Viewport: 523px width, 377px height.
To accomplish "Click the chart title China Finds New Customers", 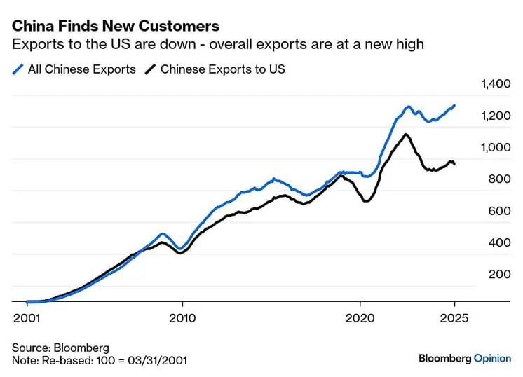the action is coord(116,26).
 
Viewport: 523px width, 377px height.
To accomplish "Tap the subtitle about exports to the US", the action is coord(218,44).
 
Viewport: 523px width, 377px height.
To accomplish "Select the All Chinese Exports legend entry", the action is coord(74,69).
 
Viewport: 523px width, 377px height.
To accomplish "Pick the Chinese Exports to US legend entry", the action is coord(215,69).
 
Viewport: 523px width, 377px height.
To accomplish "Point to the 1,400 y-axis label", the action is coord(496,83).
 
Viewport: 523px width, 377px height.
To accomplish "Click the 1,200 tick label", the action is coord(496,116).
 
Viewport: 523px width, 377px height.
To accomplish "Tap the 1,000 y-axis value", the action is coord(496,147).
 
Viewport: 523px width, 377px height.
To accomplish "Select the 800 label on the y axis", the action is coord(499,179).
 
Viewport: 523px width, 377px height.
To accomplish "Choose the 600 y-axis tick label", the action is coord(499,211).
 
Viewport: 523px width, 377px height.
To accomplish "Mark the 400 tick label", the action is coord(499,242).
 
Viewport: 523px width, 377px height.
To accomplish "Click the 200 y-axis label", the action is coord(499,274).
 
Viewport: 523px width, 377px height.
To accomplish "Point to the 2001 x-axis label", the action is coord(27,318).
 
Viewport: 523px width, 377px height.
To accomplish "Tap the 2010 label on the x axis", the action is coord(182,318).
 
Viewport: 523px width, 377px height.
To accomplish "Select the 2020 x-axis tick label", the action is coord(360,318).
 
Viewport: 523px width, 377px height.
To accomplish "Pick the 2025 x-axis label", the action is coord(454,318).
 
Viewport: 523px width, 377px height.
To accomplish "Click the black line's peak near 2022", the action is coord(406,135).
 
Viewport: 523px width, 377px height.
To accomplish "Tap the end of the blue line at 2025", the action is coord(454,105).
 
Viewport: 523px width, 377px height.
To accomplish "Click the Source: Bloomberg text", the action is coord(60,348).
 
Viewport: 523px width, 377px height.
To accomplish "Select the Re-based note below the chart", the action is coord(100,360).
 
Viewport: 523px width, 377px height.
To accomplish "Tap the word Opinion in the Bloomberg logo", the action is coord(492,358).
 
